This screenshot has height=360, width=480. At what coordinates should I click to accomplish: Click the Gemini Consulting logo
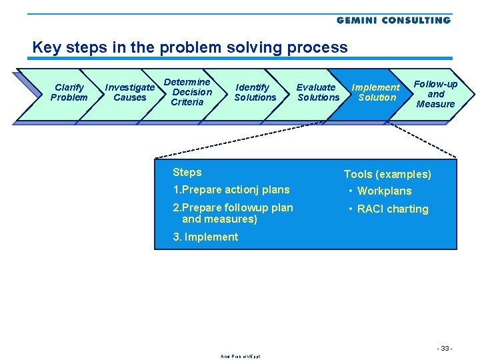[393, 20]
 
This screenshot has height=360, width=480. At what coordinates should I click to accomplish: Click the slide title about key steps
[190, 48]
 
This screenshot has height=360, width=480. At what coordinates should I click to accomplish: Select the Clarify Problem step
[69, 93]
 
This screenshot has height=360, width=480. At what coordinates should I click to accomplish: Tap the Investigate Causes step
[130, 93]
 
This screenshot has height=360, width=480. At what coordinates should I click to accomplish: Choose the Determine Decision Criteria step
[191, 92]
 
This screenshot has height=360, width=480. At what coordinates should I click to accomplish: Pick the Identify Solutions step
[255, 93]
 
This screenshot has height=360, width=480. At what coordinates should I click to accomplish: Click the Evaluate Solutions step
[317, 93]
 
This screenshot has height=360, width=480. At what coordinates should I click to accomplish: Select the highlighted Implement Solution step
[376, 93]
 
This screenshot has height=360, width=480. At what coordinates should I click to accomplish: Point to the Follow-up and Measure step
[435, 94]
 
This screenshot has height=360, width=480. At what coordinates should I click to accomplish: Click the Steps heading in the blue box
[187, 172]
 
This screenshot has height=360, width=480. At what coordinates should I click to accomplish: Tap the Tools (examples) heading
[387, 175]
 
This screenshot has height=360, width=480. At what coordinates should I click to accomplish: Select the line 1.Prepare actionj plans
[231, 190]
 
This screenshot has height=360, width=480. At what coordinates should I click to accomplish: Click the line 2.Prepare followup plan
[233, 207]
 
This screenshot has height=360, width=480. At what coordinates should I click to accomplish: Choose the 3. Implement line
[205, 237]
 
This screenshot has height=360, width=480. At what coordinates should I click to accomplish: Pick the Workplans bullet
[383, 191]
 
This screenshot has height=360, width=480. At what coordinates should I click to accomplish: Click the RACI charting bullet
[392, 209]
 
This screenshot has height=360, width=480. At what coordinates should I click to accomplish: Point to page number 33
[445, 349]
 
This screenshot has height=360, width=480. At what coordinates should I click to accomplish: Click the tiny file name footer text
[240, 357]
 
